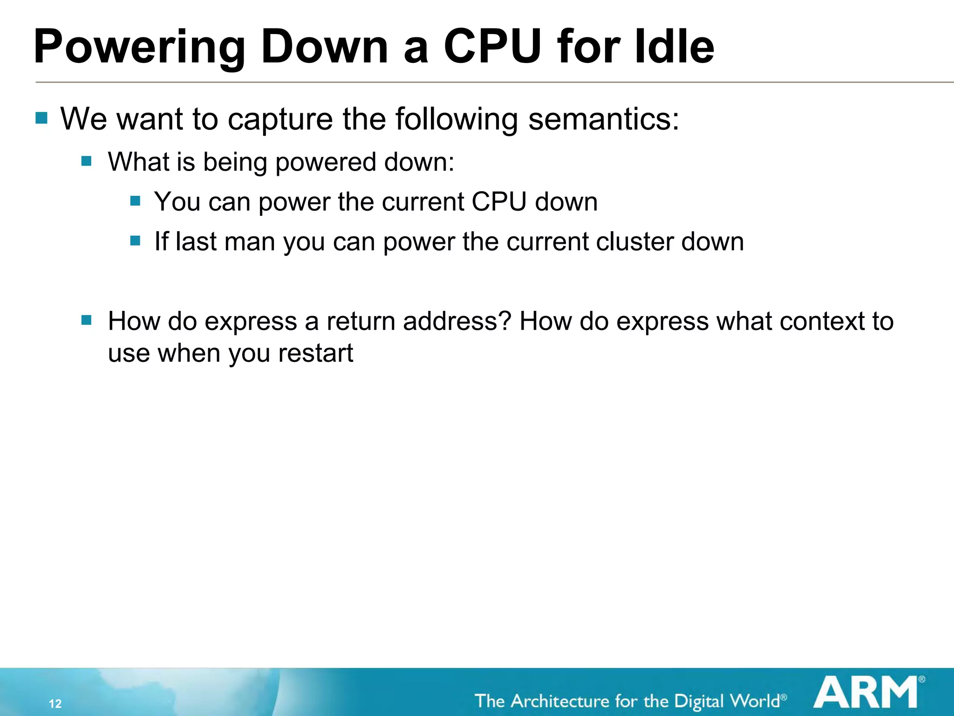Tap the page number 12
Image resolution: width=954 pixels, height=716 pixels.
tap(55, 703)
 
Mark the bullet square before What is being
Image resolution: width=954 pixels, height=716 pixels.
tap(86, 161)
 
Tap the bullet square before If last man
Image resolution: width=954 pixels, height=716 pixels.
tap(136, 241)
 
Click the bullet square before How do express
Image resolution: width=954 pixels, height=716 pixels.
tap(86, 320)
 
